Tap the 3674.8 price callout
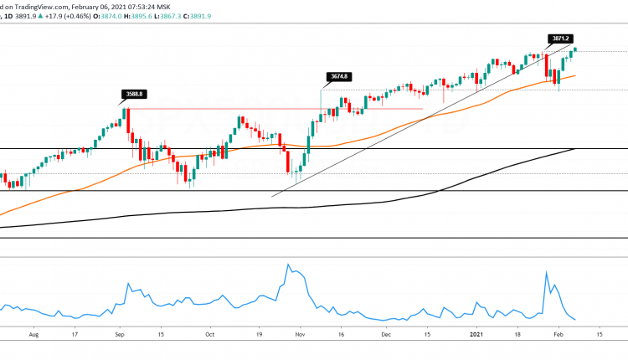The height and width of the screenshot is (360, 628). click(x=338, y=77)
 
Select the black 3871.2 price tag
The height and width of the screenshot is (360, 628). click(x=561, y=39)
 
